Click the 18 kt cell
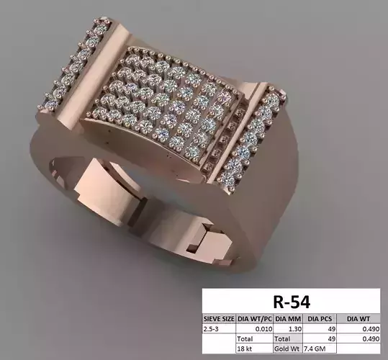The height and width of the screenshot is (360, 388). pos(247,347)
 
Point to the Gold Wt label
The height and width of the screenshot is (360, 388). pos(283,347)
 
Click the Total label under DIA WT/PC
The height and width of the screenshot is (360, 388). pos(248,337)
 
